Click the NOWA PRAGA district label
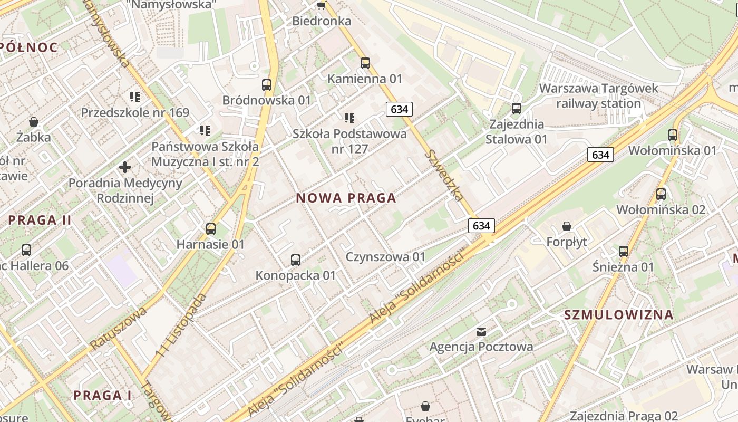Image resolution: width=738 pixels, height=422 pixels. pos(346,198)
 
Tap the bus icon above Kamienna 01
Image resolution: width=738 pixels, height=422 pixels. pos(365,63)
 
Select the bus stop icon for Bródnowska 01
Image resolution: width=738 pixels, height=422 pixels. pos(267,84)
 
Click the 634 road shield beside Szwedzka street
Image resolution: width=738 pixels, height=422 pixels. pos(399,109)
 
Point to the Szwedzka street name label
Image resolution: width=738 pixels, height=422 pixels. pos(445,175)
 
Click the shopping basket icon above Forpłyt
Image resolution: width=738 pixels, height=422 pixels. pos(567,226)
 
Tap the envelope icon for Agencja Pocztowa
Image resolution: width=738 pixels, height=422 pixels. pos(481,331)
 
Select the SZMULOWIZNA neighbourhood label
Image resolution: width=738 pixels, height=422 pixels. pos(618,315)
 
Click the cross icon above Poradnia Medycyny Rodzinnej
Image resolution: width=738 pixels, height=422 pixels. pos(125,168)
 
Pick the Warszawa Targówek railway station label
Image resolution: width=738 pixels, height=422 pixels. pos(598,95)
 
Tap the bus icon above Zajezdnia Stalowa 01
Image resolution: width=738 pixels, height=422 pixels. pos(517,109)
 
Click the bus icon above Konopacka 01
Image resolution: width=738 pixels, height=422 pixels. pos(296,260)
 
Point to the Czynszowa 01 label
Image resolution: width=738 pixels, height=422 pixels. pos(385,257)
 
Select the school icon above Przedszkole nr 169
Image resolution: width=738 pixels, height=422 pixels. pos(135,97)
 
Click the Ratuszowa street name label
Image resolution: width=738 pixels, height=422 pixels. pos(118,328)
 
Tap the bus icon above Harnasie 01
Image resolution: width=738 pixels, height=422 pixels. pos(211,228)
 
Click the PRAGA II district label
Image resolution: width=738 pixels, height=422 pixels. pos(40,220)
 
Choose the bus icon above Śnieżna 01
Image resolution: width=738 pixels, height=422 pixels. pos(624,251)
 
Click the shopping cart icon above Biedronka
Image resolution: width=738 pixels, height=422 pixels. pos(321,5)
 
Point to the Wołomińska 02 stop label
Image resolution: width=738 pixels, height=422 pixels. pos(661,209)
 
